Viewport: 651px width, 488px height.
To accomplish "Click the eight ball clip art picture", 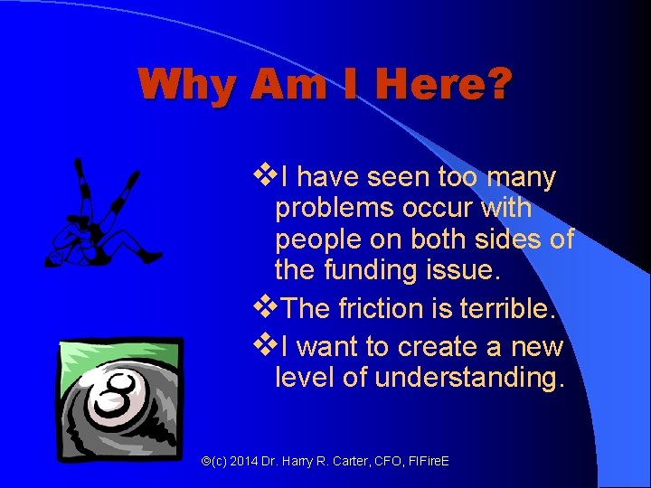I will pos(121,398).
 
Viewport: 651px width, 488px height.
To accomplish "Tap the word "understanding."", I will pos(469,377).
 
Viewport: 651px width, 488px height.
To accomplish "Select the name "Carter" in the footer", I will pos(344,462).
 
